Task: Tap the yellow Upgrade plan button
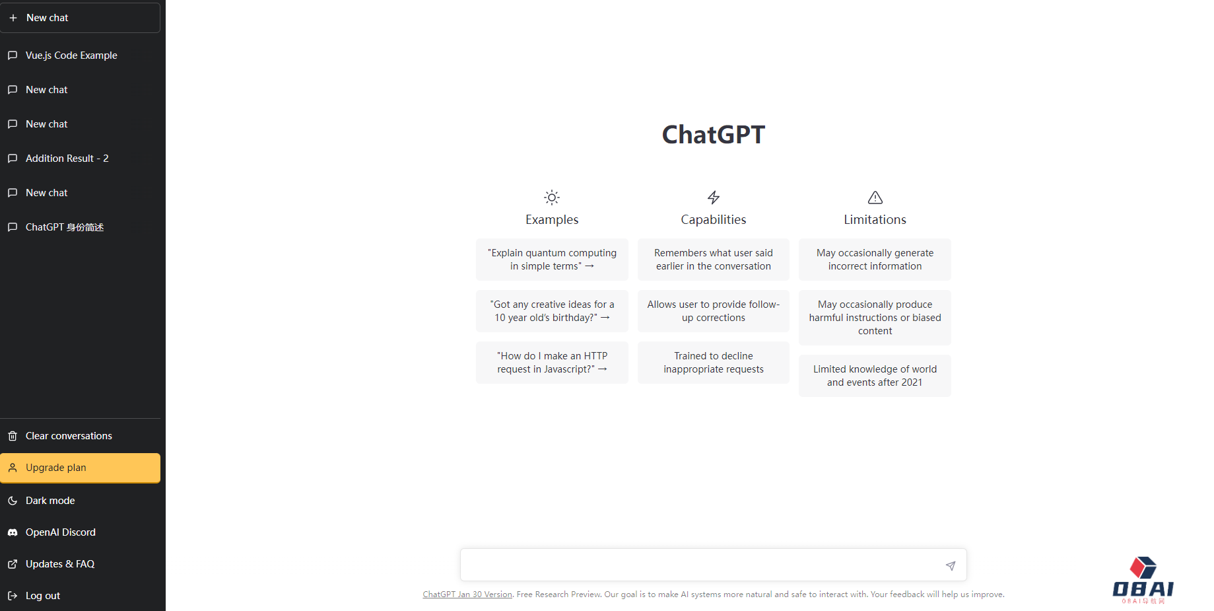80,468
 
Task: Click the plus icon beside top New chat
13,18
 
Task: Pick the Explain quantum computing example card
552,260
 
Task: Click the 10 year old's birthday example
552,311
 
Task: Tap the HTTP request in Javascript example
552,363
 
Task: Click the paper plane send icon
951,565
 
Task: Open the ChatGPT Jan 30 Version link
467,594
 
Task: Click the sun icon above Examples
552,198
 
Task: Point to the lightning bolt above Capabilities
714,198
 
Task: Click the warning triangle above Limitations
875,198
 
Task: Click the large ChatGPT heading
714,135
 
